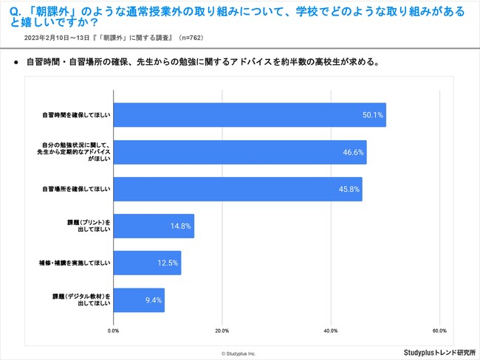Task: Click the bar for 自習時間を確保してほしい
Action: (x=250, y=115)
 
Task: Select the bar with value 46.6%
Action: (x=240, y=152)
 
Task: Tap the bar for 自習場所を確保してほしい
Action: (x=238, y=189)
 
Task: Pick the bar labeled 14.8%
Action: (x=154, y=226)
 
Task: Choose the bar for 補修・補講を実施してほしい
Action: (x=147, y=263)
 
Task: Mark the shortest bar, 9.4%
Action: (x=139, y=300)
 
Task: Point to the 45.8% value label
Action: (x=349, y=189)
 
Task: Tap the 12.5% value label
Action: (x=167, y=263)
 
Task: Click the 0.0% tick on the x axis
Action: (x=114, y=330)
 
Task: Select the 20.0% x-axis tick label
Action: (x=222, y=330)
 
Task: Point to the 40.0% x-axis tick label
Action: (x=330, y=330)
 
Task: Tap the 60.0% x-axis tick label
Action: (x=439, y=330)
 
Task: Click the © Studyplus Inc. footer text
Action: (x=239, y=353)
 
